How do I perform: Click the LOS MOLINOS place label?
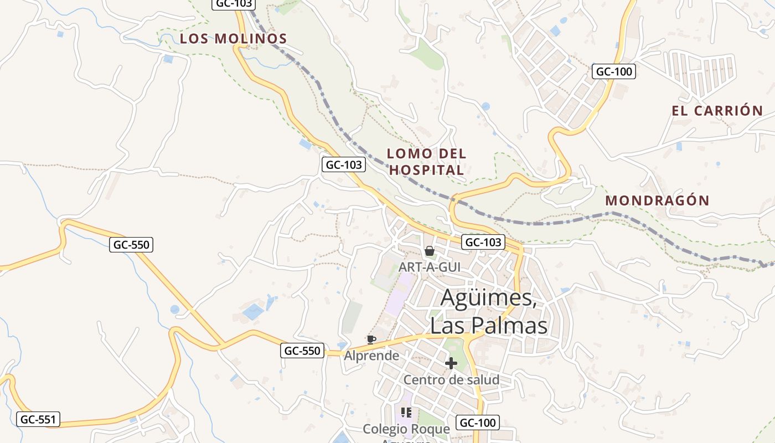coord(233,39)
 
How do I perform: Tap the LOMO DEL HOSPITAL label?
coord(426,162)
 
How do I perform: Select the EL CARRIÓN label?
coord(717,111)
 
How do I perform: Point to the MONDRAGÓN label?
coord(657,200)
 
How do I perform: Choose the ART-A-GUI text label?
coord(430,267)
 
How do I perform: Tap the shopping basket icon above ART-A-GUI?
coord(429,251)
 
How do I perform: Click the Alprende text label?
coord(371,356)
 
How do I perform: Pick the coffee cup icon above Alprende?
coord(371,339)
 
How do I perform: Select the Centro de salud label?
coord(451,380)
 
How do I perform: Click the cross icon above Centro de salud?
coord(451,363)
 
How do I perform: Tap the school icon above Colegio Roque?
coord(406,413)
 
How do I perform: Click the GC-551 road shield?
coord(38,419)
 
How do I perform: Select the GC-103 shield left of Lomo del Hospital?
coord(344,164)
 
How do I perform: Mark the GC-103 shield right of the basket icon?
coord(483,242)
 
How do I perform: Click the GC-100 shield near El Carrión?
coord(613,71)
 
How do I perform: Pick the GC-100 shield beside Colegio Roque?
coord(478,423)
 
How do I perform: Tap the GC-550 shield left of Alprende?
coord(302,351)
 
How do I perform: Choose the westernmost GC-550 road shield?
coord(131,245)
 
